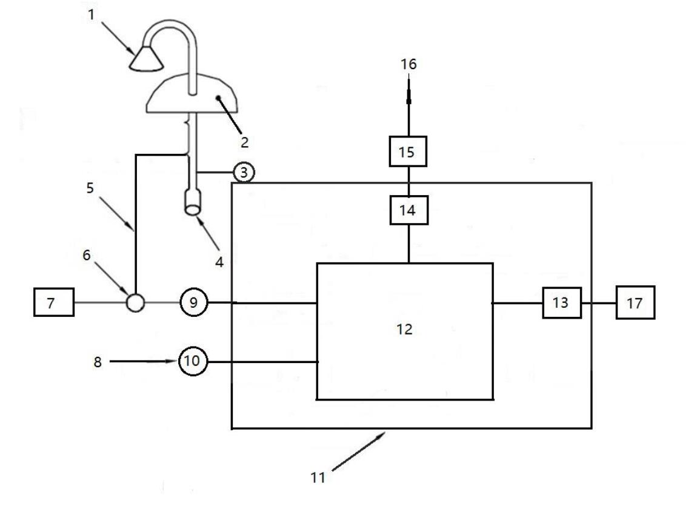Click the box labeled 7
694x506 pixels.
tap(53, 302)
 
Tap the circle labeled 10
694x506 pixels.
tap(192, 362)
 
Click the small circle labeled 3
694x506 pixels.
tap(243, 173)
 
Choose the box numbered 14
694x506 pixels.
tap(409, 210)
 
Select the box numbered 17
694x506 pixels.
tap(635, 302)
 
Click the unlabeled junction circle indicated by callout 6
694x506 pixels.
tap(135, 301)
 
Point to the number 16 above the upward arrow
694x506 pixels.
tap(409, 64)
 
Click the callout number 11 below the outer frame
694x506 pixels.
tap(318, 476)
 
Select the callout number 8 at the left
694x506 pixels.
tap(98, 362)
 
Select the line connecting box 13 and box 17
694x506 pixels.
tap(599, 302)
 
